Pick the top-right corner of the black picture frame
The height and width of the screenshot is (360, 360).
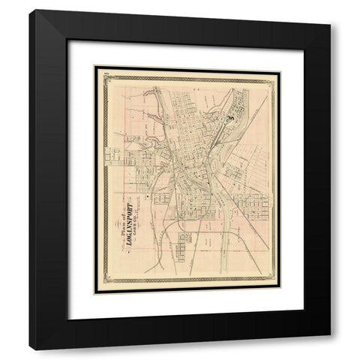[331, 10]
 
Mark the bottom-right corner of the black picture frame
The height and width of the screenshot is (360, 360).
[331, 350]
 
